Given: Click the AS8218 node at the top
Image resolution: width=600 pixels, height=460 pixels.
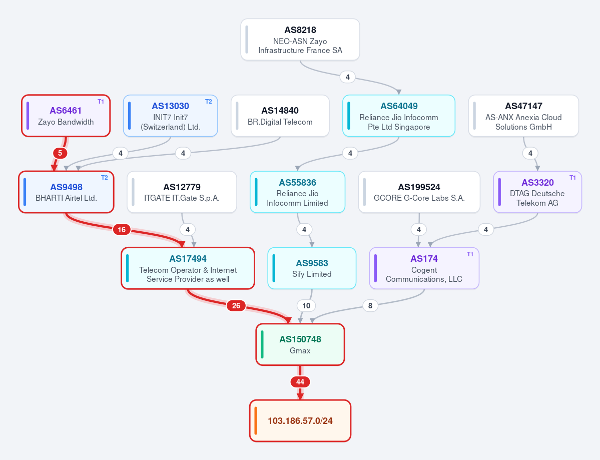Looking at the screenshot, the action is (300, 40).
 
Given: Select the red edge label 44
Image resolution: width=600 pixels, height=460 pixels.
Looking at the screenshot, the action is (300, 382).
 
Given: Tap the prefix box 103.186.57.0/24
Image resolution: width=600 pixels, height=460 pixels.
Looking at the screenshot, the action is (300, 421).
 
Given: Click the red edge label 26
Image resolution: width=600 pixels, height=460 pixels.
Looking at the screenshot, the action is (236, 306).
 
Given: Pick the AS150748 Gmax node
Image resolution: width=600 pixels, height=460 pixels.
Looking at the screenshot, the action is (300, 344).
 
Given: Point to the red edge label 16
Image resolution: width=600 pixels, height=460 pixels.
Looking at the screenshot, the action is (122, 230).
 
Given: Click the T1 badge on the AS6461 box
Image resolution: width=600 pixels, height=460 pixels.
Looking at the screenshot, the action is (101, 102).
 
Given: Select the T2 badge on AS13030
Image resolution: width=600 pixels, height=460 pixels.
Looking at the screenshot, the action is (209, 102).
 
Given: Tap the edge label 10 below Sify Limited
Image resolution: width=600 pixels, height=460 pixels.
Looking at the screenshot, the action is (306, 306).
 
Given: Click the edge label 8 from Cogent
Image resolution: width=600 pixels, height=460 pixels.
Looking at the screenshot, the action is (370, 306).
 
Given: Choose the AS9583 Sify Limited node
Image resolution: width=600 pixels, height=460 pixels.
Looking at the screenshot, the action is (312, 268).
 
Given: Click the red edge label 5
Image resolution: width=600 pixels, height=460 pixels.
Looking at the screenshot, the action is (60, 154).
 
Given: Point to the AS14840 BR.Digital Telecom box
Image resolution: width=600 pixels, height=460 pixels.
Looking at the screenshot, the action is (280, 116).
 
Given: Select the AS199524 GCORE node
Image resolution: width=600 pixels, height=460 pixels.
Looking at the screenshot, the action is (419, 192).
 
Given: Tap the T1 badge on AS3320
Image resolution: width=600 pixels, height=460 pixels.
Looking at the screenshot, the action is (572, 178).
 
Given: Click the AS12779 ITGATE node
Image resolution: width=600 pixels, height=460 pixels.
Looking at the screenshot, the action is (182, 192).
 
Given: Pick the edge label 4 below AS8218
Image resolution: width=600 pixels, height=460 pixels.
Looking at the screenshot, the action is (347, 77).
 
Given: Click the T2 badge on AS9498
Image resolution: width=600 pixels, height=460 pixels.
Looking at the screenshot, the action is (105, 178).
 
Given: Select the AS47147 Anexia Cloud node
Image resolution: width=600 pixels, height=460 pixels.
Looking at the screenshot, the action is (523, 116).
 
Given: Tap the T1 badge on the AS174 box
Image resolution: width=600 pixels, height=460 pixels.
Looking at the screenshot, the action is (470, 254).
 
